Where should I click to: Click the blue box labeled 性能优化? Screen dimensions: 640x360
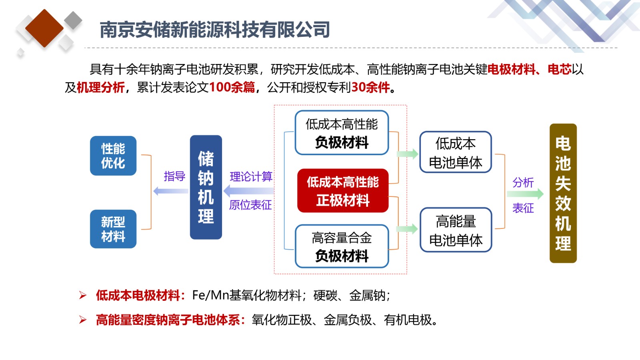(x=113, y=156)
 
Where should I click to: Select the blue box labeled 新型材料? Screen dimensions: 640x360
(x=113, y=229)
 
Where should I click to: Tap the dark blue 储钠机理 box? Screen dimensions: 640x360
(x=206, y=187)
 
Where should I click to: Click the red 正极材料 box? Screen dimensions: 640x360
(x=343, y=190)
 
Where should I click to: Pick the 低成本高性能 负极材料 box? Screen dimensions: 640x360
(x=342, y=133)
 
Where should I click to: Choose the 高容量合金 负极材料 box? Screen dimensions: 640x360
(x=342, y=246)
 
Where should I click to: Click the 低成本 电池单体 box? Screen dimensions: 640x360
(x=456, y=152)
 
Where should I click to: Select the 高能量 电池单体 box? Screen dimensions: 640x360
(x=456, y=230)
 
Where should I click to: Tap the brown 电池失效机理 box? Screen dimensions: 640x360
(x=563, y=194)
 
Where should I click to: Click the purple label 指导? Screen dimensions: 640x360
(x=174, y=176)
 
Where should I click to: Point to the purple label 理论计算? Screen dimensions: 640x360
(x=251, y=176)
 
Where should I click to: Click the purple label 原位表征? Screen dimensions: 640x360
(x=250, y=205)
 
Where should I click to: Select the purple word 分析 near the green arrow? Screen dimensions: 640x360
(x=523, y=182)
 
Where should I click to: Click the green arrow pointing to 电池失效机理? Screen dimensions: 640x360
(x=525, y=194)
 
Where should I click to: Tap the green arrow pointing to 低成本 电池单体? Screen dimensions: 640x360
(x=408, y=154)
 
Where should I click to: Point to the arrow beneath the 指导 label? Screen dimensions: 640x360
(x=170, y=191)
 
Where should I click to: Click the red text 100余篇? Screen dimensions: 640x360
(x=232, y=87)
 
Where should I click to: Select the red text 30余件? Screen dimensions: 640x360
(x=370, y=87)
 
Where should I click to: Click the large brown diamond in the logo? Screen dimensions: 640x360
(x=44, y=28)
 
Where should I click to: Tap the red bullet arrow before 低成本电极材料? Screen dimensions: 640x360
(x=83, y=295)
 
